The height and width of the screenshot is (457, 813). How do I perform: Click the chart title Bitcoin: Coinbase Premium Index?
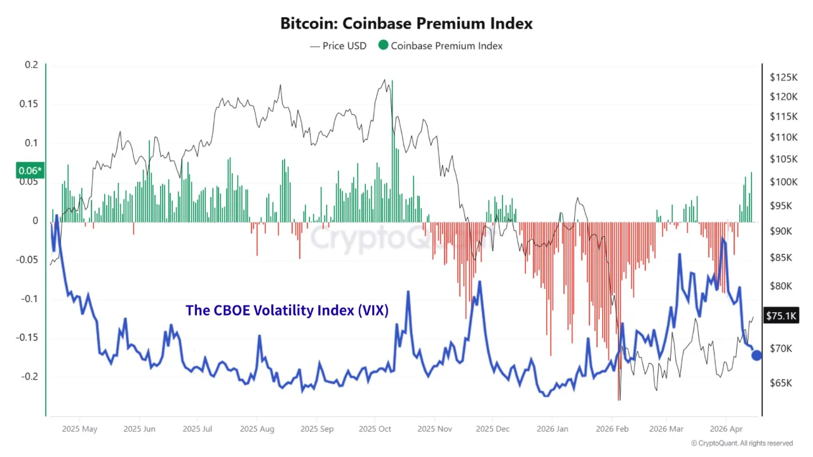(406, 24)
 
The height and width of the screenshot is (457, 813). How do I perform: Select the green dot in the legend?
(383, 46)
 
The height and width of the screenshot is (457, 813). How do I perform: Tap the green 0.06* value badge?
(30, 170)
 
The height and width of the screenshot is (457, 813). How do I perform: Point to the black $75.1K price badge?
(781, 315)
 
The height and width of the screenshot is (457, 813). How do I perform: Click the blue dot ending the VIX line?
(756, 355)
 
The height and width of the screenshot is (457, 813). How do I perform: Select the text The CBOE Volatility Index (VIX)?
(287, 310)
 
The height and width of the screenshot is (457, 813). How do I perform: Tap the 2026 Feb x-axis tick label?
(612, 429)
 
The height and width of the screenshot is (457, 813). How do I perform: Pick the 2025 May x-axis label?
(79, 429)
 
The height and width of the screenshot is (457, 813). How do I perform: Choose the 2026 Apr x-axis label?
(726, 429)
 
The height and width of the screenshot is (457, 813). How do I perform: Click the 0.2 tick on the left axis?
(32, 65)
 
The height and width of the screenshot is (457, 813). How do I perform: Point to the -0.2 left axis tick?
(29, 376)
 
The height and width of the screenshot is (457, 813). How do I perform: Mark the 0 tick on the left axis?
(36, 221)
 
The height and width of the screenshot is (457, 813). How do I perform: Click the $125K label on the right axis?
(783, 77)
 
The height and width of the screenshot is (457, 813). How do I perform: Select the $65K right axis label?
(781, 383)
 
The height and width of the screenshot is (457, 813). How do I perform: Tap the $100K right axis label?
(783, 182)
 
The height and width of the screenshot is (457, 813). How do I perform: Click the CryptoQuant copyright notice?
(742, 443)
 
